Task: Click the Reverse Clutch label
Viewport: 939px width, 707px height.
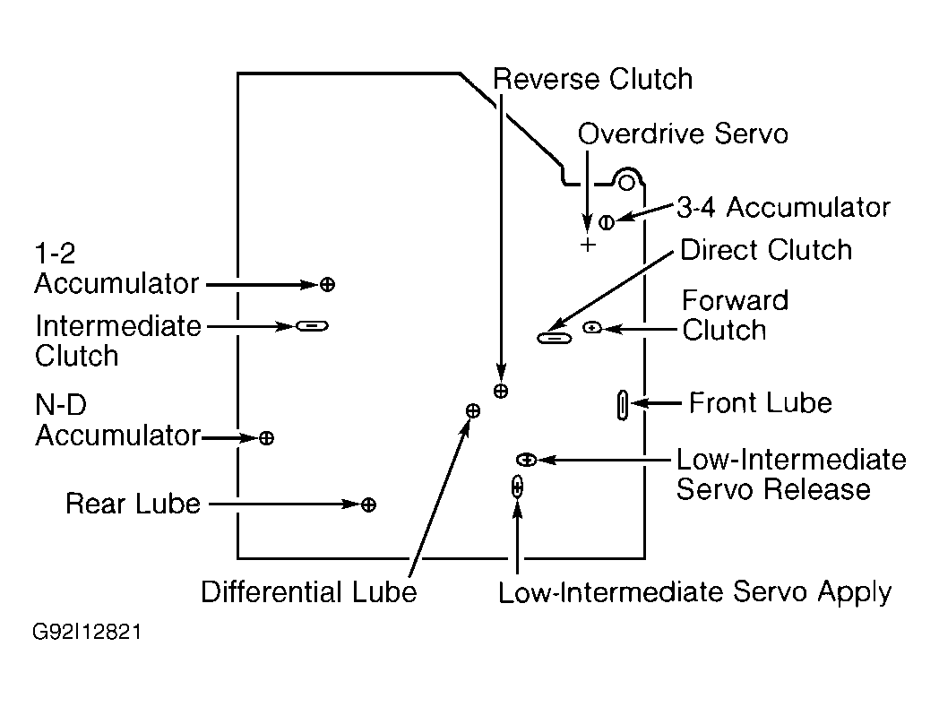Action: tap(592, 79)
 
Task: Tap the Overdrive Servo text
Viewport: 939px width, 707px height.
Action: tap(683, 133)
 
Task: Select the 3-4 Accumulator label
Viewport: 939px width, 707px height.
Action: tap(783, 207)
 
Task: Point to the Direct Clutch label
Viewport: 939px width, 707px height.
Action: tap(766, 249)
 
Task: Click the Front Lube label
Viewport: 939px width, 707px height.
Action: tap(761, 402)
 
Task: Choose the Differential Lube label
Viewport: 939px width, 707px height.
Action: tap(308, 591)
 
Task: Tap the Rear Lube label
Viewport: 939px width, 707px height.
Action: tap(133, 504)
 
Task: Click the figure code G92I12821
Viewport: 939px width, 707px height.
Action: tap(87, 632)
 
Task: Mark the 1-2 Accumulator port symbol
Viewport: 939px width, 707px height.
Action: tap(327, 285)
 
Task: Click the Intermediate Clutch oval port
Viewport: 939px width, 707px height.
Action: tap(312, 326)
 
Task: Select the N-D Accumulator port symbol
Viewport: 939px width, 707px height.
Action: tap(266, 438)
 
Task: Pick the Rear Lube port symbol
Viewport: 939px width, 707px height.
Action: tap(369, 504)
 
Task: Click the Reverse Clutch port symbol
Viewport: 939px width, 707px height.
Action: tap(501, 392)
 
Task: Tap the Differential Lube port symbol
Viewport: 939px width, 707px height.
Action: tap(473, 410)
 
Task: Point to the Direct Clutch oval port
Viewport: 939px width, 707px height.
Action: tap(555, 338)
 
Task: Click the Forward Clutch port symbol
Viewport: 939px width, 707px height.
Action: tap(592, 327)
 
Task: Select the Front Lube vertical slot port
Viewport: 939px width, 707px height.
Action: tap(623, 405)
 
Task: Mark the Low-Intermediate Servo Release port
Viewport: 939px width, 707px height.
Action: tap(526, 460)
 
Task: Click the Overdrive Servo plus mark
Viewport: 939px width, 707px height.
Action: tap(588, 245)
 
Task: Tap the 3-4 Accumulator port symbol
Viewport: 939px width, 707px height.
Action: tap(606, 223)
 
